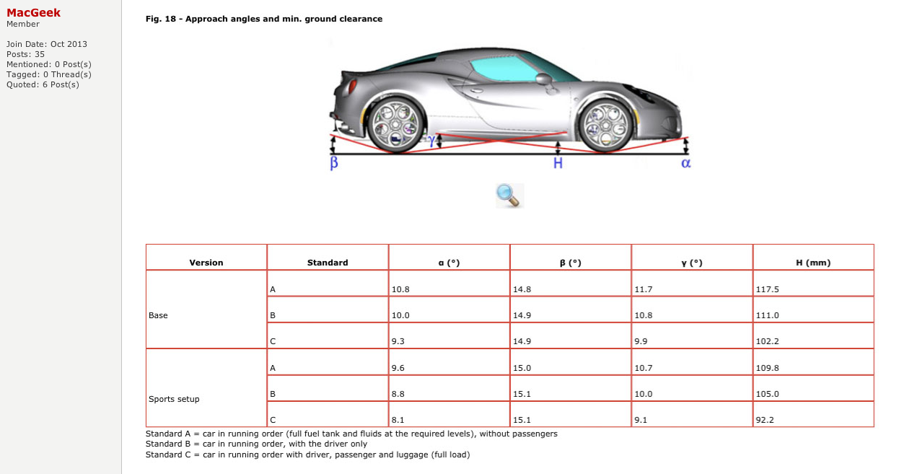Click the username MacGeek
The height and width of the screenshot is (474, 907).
(33, 12)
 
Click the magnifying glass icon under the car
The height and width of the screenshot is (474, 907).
(509, 195)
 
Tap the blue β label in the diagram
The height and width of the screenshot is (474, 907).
(334, 164)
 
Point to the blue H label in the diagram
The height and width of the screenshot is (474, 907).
(557, 164)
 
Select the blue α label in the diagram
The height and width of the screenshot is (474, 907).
(685, 164)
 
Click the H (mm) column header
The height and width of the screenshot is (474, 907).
(813, 263)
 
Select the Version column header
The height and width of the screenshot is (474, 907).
(206, 263)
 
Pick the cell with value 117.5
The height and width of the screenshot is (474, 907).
(768, 289)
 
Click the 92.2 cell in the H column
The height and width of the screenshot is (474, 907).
(764, 420)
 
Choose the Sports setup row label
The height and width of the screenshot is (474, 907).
(174, 399)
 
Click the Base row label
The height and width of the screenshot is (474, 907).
(158, 315)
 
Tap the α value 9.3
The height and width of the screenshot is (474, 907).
(398, 341)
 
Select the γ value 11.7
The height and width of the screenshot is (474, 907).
(643, 289)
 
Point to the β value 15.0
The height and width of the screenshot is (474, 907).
(522, 368)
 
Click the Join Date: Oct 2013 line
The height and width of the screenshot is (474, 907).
(47, 44)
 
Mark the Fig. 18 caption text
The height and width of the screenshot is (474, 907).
(264, 19)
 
